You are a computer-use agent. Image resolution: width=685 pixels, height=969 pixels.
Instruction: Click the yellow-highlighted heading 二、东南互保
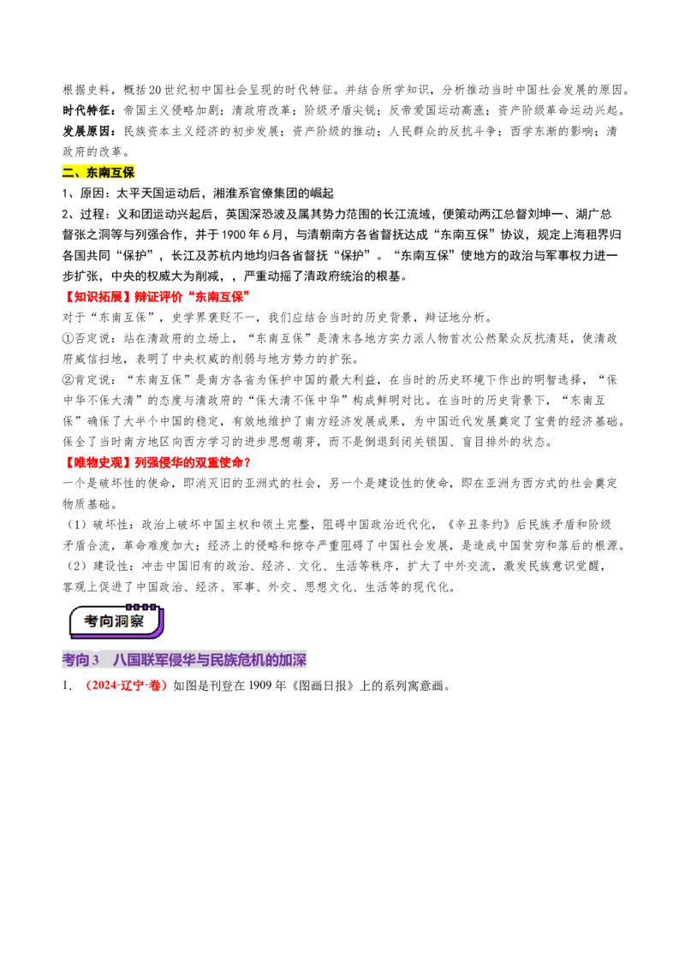[x=98, y=172]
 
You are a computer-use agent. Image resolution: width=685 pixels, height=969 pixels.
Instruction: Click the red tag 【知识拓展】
[x=92, y=297]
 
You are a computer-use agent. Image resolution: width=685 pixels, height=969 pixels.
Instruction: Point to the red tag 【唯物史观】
[x=92, y=462]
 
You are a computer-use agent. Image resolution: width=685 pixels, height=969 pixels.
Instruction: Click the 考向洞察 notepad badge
[x=116, y=621]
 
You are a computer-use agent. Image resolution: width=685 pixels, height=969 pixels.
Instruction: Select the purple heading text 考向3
[x=80, y=659]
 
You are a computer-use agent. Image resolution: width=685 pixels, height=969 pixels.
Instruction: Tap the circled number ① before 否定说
[x=68, y=338]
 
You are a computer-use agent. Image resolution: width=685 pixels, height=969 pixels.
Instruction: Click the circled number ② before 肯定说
[x=68, y=379]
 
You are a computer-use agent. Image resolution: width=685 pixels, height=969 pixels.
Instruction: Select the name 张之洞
[x=92, y=235]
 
